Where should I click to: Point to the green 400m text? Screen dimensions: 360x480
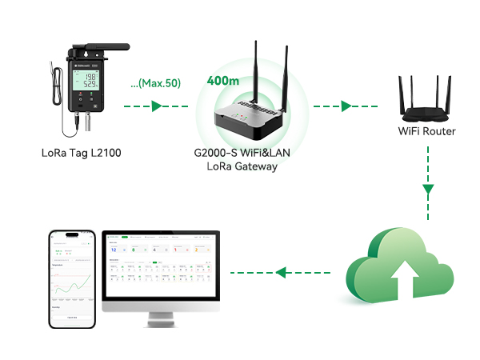[x=222, y=81]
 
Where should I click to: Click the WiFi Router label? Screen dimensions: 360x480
[x=427, y=131]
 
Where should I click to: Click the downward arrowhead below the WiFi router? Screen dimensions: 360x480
[x=428, y=190]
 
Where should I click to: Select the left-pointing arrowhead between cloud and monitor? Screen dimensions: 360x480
[x=280, y=274]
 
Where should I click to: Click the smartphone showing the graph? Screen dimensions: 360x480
[x=74, y=280]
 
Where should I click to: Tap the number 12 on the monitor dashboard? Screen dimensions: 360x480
[x=114, y=250]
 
